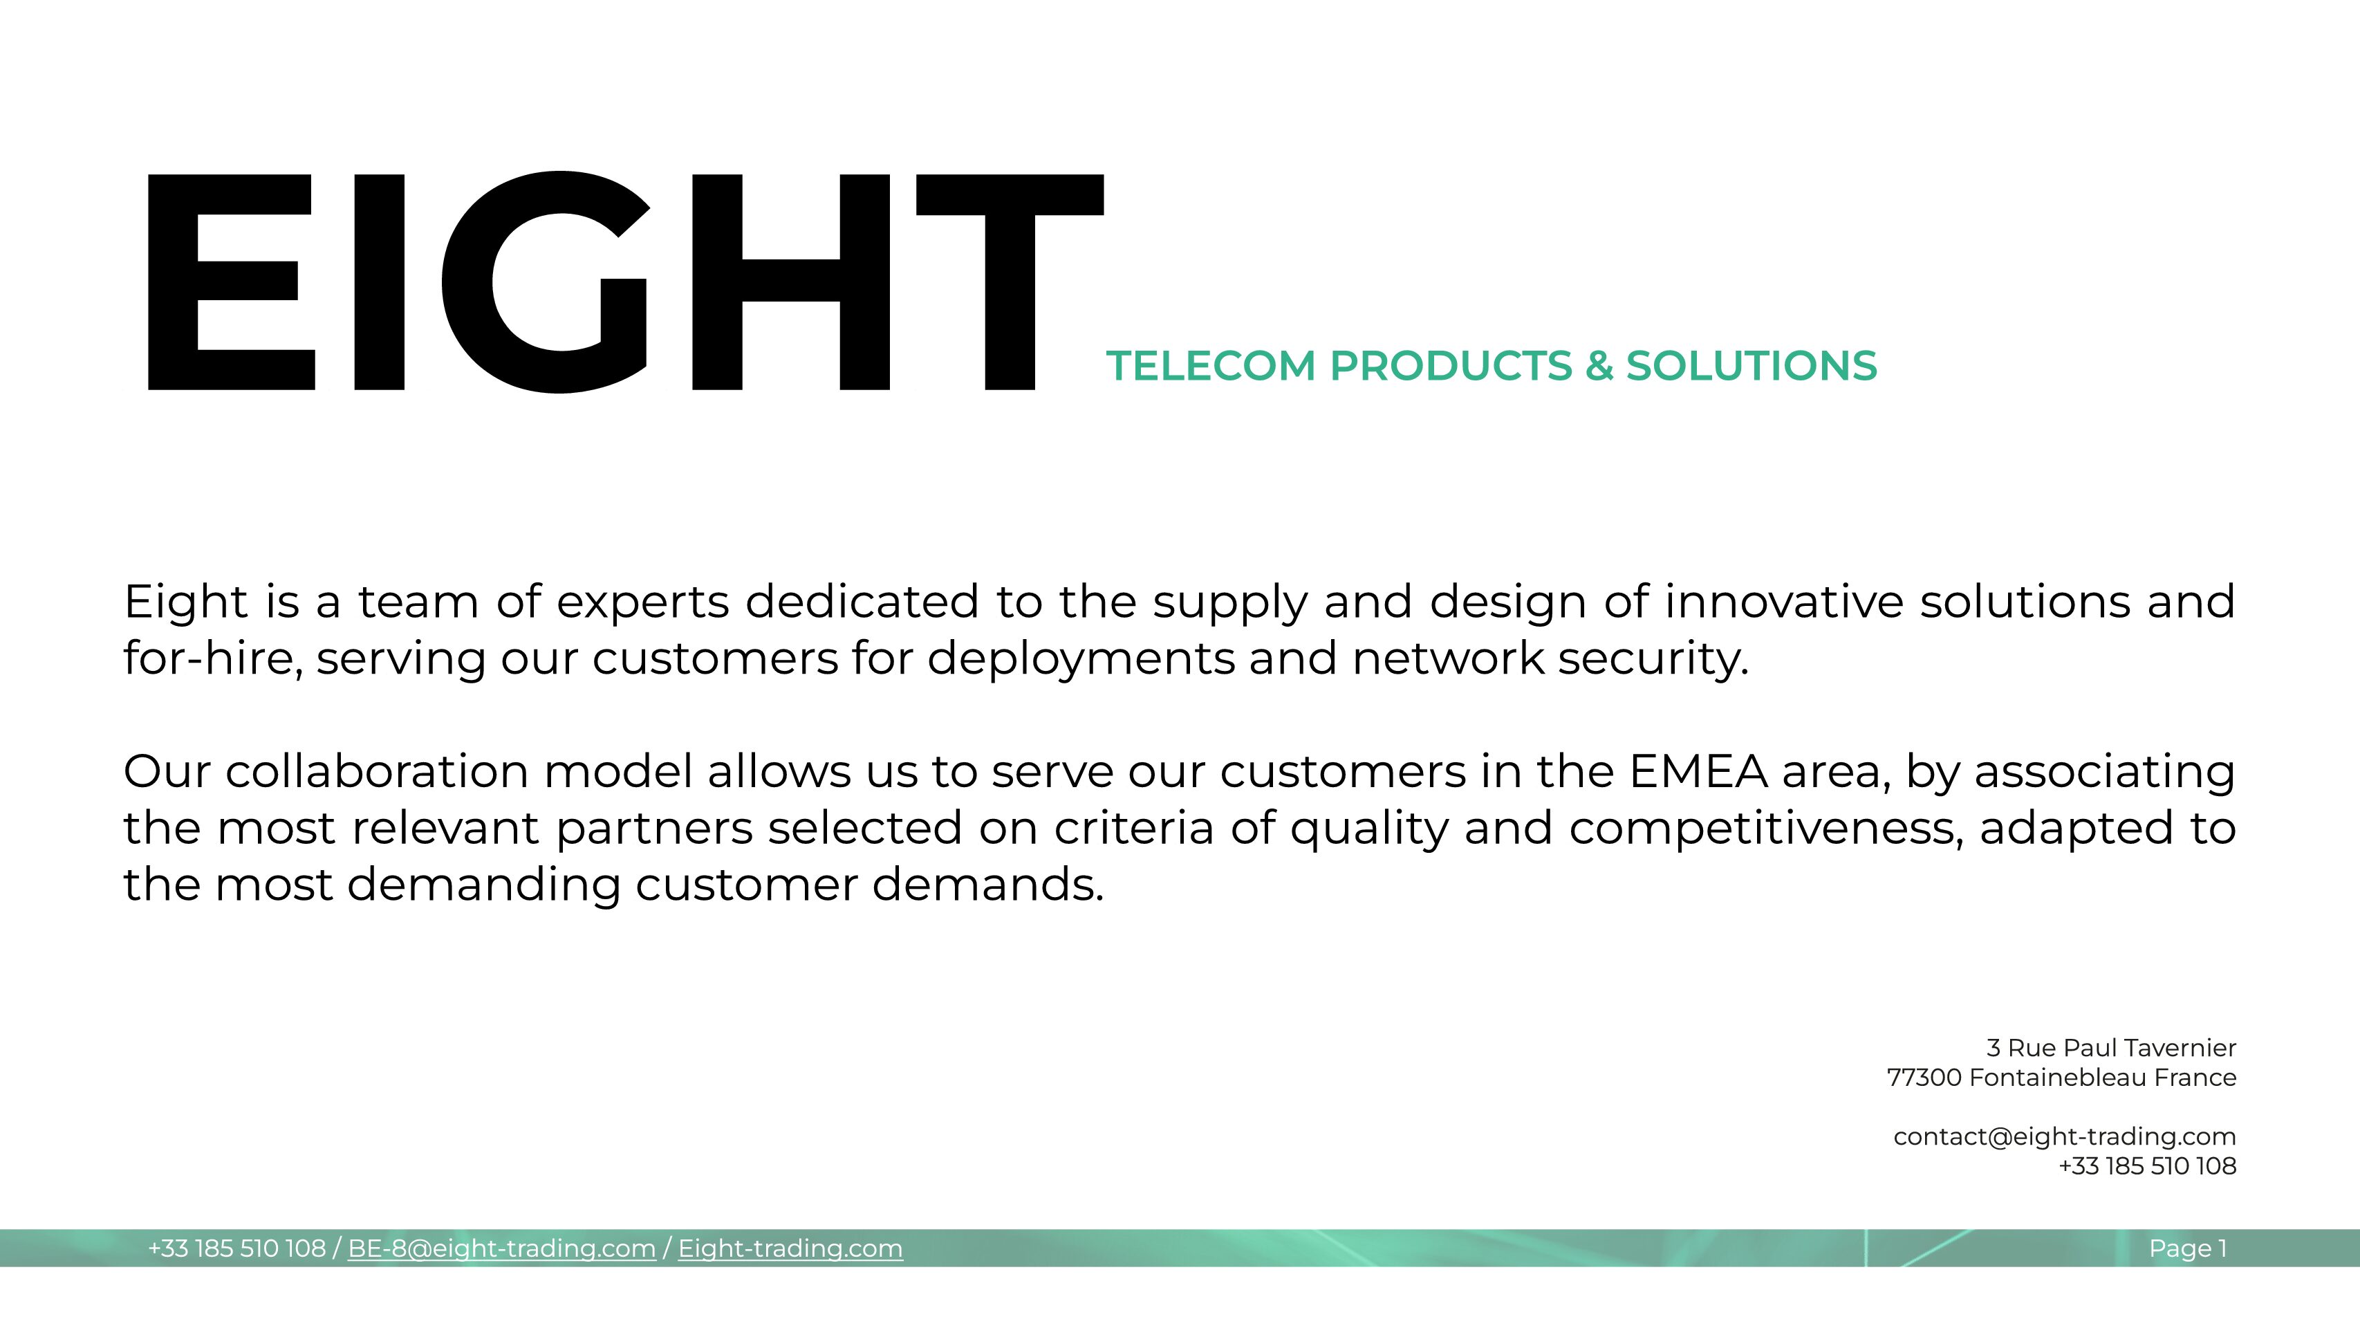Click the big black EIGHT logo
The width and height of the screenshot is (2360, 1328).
[x=626, y=282]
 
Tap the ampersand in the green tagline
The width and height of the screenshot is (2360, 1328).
[x=1599, y=366]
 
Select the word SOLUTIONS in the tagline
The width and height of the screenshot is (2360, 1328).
[x=1752, y=366]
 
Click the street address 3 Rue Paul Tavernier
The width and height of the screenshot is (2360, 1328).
[x=2111, y=1048]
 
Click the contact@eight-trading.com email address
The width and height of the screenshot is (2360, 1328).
[x=2065, y=1137]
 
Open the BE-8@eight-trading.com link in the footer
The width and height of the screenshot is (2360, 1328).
[x=502, y=1249]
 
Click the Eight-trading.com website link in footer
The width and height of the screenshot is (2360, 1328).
[x=790, y=1249]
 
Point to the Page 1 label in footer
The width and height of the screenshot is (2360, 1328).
[x=2188, y=1249]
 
